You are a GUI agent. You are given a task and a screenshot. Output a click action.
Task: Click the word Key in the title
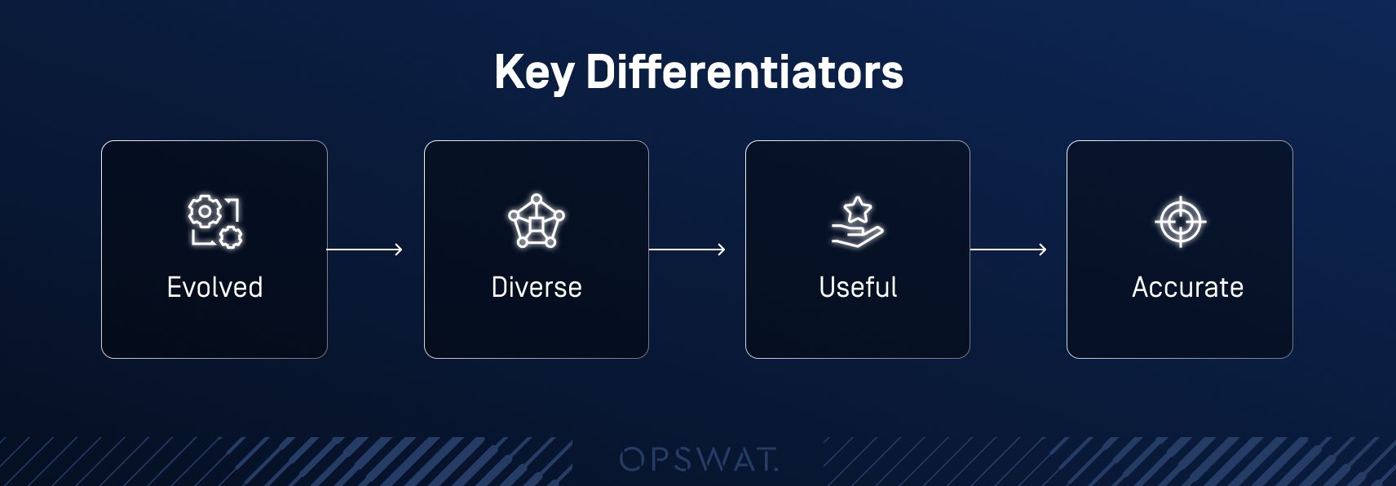click(x=533, y=73)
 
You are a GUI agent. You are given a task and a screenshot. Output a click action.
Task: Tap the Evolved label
click(x=214, y=287)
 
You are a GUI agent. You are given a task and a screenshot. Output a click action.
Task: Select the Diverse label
click(x=536, y=287)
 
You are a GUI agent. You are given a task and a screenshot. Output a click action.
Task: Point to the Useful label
click(x=858, y=287)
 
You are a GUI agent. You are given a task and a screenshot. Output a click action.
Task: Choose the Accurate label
click(x=1187, y=287)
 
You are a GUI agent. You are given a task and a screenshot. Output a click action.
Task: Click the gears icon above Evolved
click(x=215, y=222)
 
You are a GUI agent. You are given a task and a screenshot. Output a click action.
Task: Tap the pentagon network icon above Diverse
click(x=536, y=220)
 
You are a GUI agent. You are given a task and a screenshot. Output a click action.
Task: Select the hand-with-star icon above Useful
click(x=858, y=222)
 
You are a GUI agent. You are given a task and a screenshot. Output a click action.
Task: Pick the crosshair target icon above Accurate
click(x=1180, y=222)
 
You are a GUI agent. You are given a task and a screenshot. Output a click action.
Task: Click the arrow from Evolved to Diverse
click(x=364, y=250)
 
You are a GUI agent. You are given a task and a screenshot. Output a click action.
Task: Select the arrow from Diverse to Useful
click(x=687, y=250)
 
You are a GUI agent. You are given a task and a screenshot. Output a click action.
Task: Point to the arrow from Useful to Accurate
click(x=1009, y=250)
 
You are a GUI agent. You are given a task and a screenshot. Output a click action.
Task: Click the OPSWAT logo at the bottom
click(x=699, y=459)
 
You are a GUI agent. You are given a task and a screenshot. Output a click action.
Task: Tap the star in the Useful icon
click(x=858, y=210)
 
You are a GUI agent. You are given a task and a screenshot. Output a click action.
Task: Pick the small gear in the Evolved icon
click(x=232, y=236)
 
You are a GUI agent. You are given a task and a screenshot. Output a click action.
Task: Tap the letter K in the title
click(x=509, y=72)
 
